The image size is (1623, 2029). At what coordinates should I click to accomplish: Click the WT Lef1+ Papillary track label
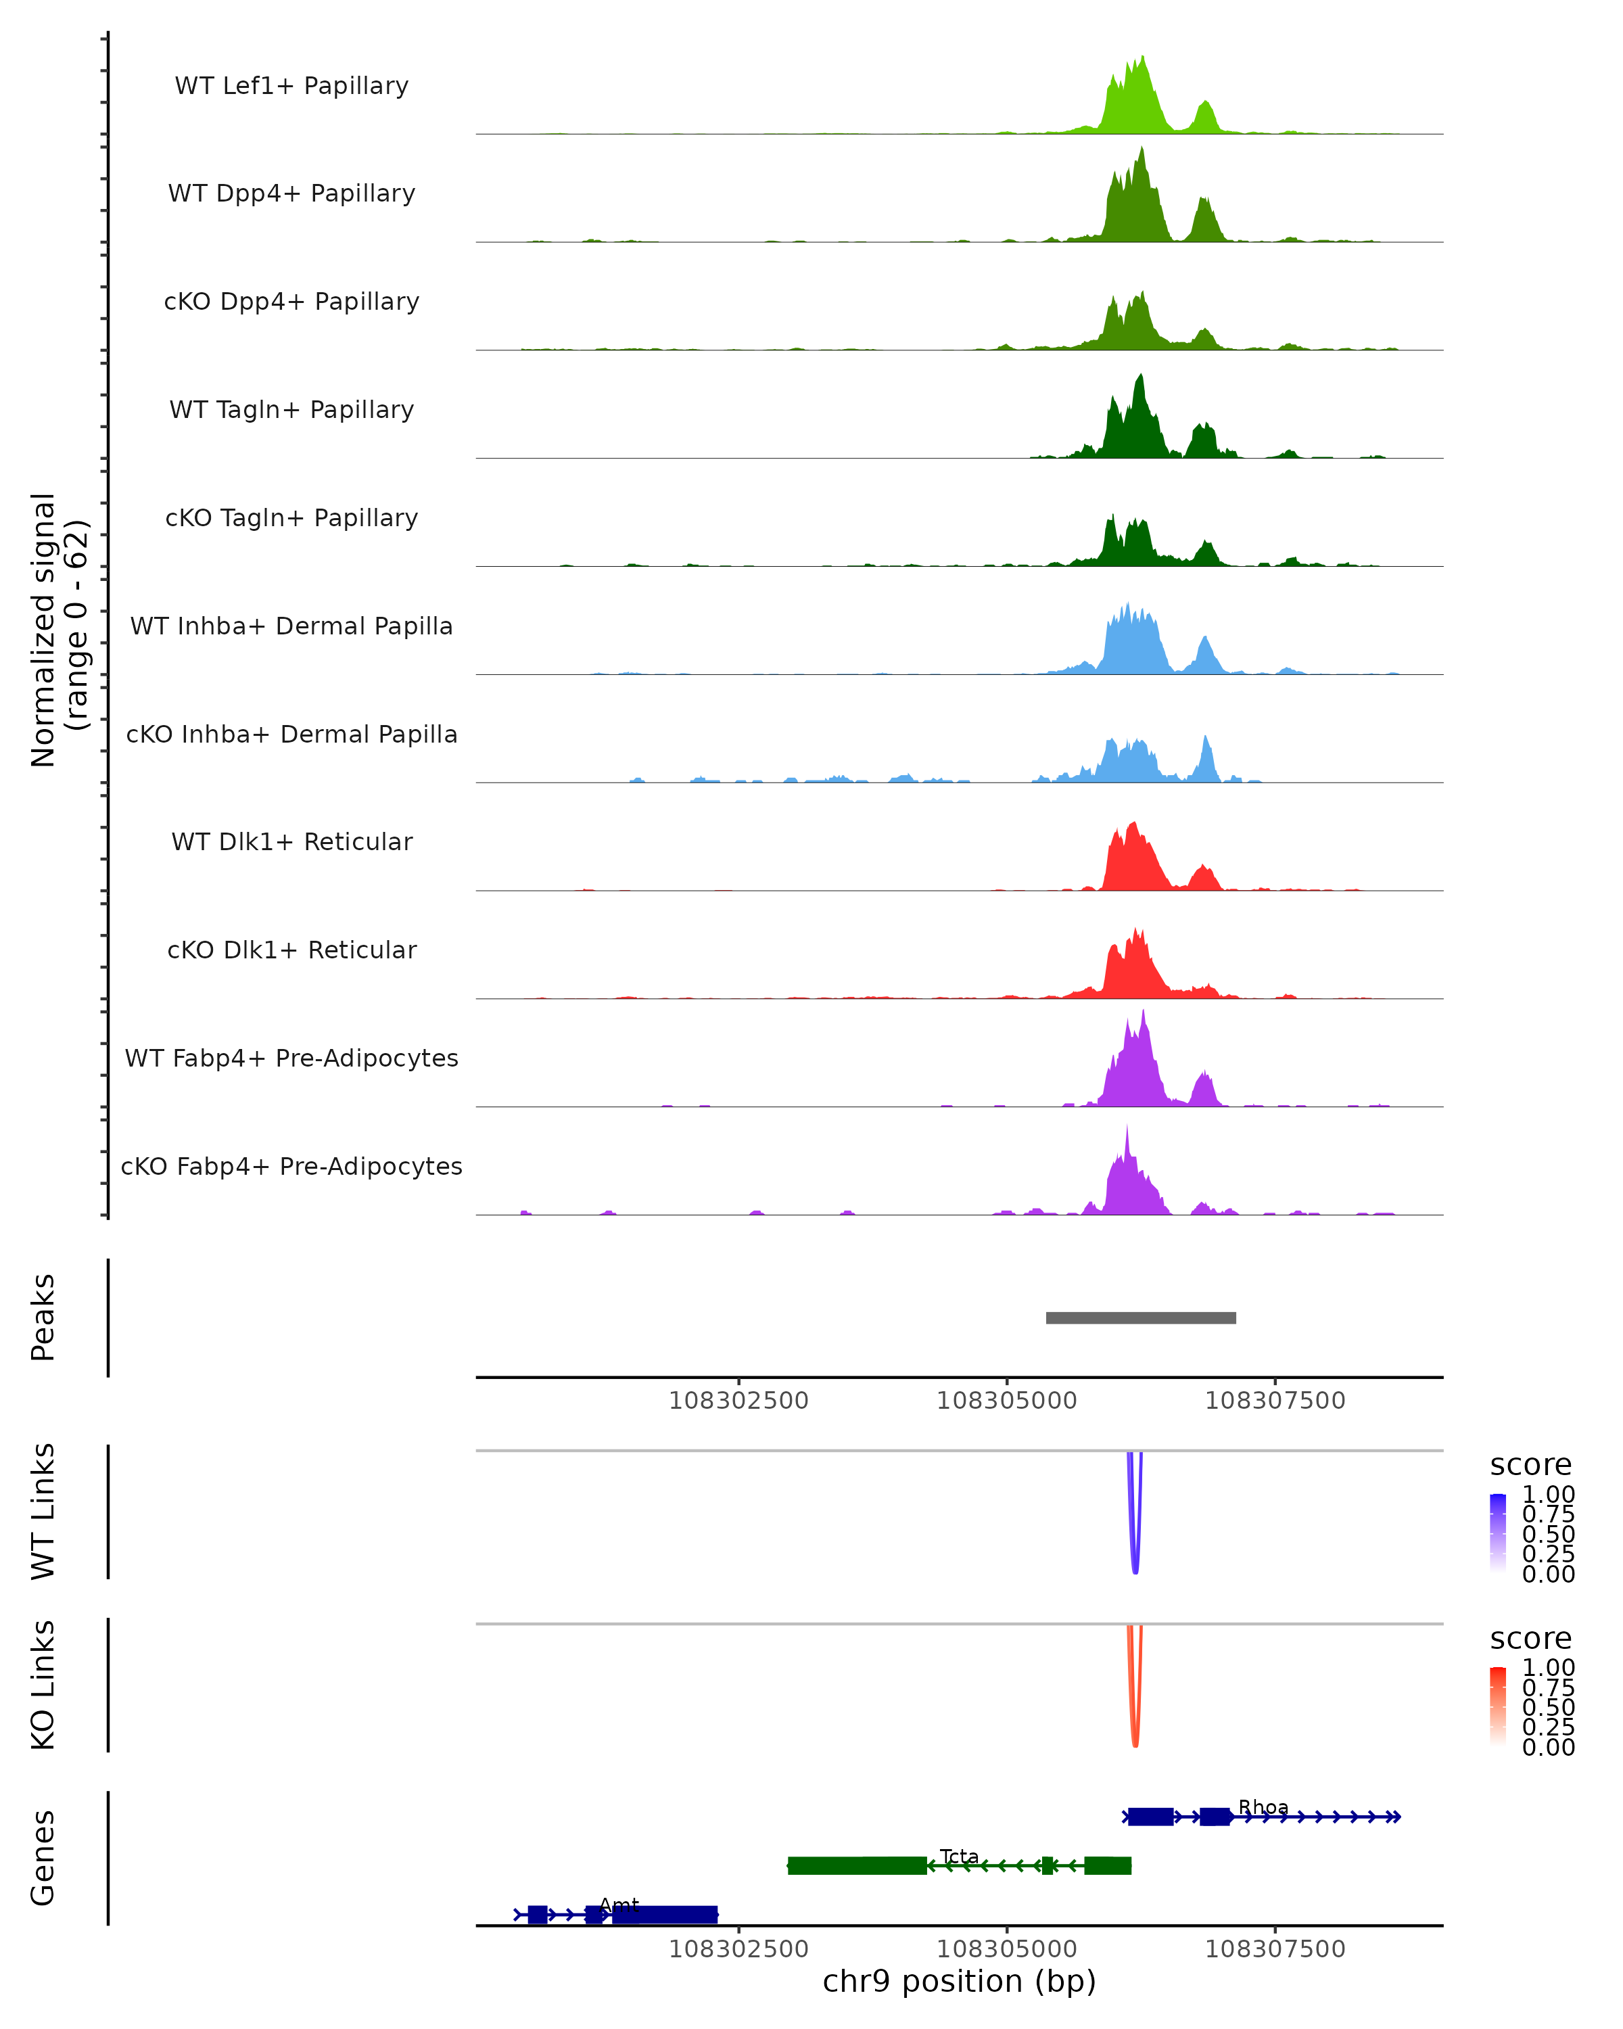click(x=291, y=86)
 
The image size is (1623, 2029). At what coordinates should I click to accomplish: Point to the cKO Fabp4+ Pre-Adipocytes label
click(x=291, y=1166)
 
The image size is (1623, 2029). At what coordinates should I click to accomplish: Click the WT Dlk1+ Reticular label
click(x=291, y=841)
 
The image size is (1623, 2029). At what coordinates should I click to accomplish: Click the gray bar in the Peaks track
click(x=1140, y=1317)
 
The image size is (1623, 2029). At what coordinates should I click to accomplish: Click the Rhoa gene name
click(x=1263, y=1807)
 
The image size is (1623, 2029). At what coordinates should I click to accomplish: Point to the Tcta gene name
click(x=959, y=1856)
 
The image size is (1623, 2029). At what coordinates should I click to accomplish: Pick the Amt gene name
click(x=619, y=1905)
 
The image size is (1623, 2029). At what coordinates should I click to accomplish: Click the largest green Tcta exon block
click(x=856, y=1865)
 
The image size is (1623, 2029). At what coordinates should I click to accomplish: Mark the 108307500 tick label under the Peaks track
click(x=1275, y=1401)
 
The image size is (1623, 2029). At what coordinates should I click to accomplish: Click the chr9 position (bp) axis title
click(x=959, y=1981)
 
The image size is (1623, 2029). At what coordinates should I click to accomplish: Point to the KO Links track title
click(x=43, y=1685)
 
